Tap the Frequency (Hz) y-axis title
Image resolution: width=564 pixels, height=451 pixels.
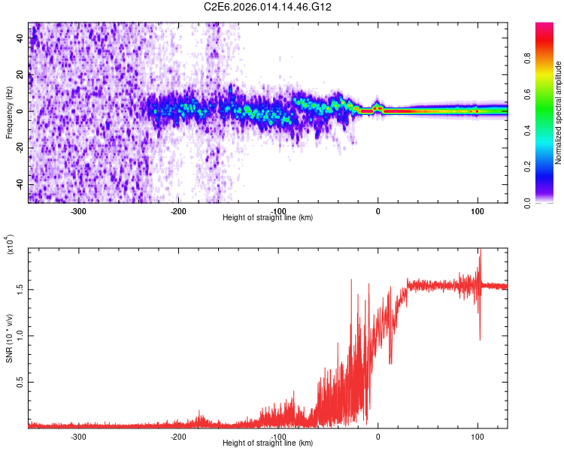click(x=9, y=112)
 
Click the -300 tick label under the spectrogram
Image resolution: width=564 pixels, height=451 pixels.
click(x=79, y=211)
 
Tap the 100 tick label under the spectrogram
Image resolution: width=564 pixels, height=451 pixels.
click(x=478, y=211)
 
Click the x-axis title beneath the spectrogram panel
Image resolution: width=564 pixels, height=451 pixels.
click(x=268, y=218)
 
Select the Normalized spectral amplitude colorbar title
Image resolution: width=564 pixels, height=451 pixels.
click(x=558, y=113)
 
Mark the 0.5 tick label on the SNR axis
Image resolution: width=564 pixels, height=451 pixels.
click(x=20, y=382)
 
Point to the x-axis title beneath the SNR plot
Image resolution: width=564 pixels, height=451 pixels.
click(x=268, y=443)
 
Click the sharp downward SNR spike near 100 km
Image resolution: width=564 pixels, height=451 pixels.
click(x=480, y=338)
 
